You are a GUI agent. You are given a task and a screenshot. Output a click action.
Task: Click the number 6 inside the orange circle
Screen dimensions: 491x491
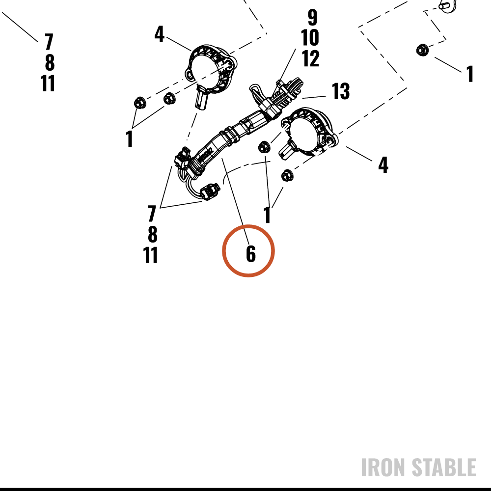pyautogui.click(x=251, y=253)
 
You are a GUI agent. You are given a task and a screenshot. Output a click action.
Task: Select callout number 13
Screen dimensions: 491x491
pyautogui.click(x=340, y=91)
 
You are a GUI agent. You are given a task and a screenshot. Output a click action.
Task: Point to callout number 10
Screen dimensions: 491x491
pyautogui.click(x=310, y=38)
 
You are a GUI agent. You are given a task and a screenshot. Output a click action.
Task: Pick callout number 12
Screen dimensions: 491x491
pyautogui.click(x=310, y=58)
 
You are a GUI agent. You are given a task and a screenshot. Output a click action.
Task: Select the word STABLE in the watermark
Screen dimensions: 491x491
pyautogui.click(x=444, y=467)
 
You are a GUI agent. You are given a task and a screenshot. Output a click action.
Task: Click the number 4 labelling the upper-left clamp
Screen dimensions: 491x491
pyautogui.click(x=160, y=34)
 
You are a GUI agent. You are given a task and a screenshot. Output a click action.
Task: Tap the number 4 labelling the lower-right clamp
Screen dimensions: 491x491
pyautogui.click(x=383, y=164)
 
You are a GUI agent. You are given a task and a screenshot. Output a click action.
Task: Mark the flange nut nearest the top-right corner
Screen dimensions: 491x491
pyautogui.click(x=422, y=50)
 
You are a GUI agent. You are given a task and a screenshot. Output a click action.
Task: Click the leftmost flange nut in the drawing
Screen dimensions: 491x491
pyautogui.click(x=139, y=103)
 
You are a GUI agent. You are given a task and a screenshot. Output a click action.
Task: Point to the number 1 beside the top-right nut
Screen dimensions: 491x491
pyautogui.click(x=470, y=74)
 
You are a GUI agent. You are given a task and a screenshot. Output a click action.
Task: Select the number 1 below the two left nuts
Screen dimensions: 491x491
pyautogui.click(x=129, y=139)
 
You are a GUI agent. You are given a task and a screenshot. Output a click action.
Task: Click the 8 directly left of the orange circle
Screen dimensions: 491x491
pyautogui.click(x=153, y=235)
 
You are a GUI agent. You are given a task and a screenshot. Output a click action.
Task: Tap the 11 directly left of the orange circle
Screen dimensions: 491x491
pyautogui.click(x=150, y=255)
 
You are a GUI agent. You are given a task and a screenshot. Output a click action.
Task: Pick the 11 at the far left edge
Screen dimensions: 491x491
pyautogui.click(x=48, y=83)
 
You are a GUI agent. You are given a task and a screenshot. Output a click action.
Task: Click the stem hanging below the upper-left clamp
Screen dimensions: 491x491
pyautogui.click(x=202, y=98)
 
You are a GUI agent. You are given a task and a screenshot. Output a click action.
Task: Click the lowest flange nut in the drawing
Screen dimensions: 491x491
pyautogui.click(x=287, y=176)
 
